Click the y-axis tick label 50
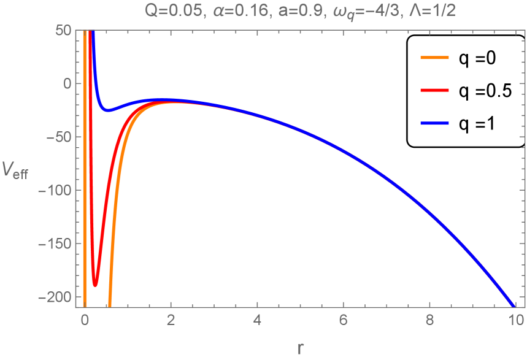[x=63, y=30]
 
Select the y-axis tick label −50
[x=59, y=137]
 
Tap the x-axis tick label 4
[x=257, y=320]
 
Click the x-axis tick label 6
[x=344, y=320]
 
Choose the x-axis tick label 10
[x=516, y=320]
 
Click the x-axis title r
[x=300, y=348]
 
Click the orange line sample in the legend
[x=433, y=58]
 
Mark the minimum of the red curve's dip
[x=95, y=286]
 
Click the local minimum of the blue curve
[x=109, y=111]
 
